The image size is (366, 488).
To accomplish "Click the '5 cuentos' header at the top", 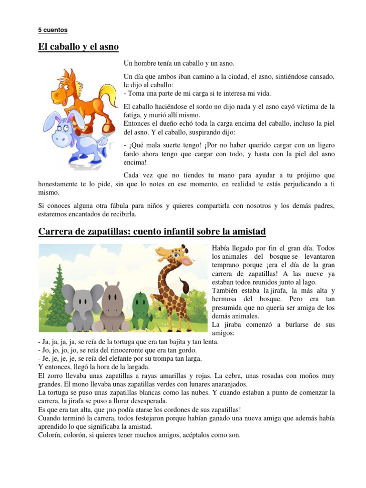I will (x=53, y=30).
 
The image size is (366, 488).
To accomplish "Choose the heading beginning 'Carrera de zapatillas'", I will (x=152, y=232).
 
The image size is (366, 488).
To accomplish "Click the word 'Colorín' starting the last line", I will (x=50, y=435).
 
